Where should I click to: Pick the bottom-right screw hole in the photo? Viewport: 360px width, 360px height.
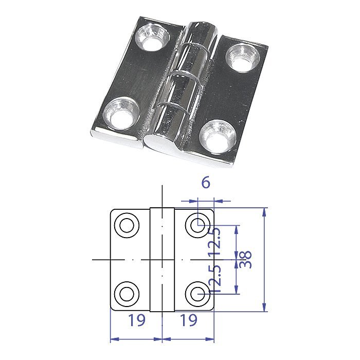tap(216, 135)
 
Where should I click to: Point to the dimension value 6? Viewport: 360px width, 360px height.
tap(205, 183)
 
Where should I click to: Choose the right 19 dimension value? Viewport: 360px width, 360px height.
tap(189, 320)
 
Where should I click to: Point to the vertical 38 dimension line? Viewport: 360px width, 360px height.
tap(265, 260)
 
